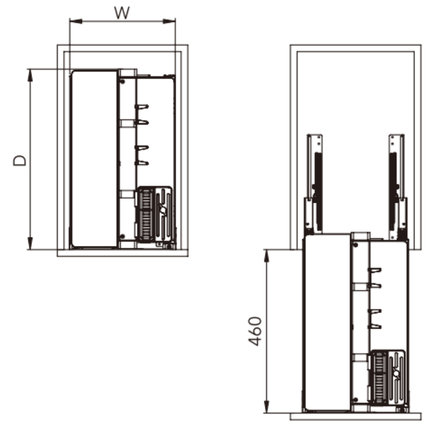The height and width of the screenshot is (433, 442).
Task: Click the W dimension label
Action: click(x=122, y=13)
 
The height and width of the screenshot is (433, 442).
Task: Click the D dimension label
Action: click(x=20, y=161)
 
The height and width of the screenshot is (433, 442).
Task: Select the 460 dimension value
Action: click(x=255, y=332)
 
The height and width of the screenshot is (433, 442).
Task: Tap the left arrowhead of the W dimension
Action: click(x=76, y=21)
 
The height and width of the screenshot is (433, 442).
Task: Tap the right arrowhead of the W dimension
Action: click(x=169, y=21)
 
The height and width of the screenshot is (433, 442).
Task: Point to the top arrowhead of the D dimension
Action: click(x=30, y=76)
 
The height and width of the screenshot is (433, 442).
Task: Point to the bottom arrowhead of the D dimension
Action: click(x=30, y=243)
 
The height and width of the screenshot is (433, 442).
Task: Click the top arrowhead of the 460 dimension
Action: click(x=267, y=256)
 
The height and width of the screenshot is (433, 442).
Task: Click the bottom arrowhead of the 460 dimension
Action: click(x=267, y=407)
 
